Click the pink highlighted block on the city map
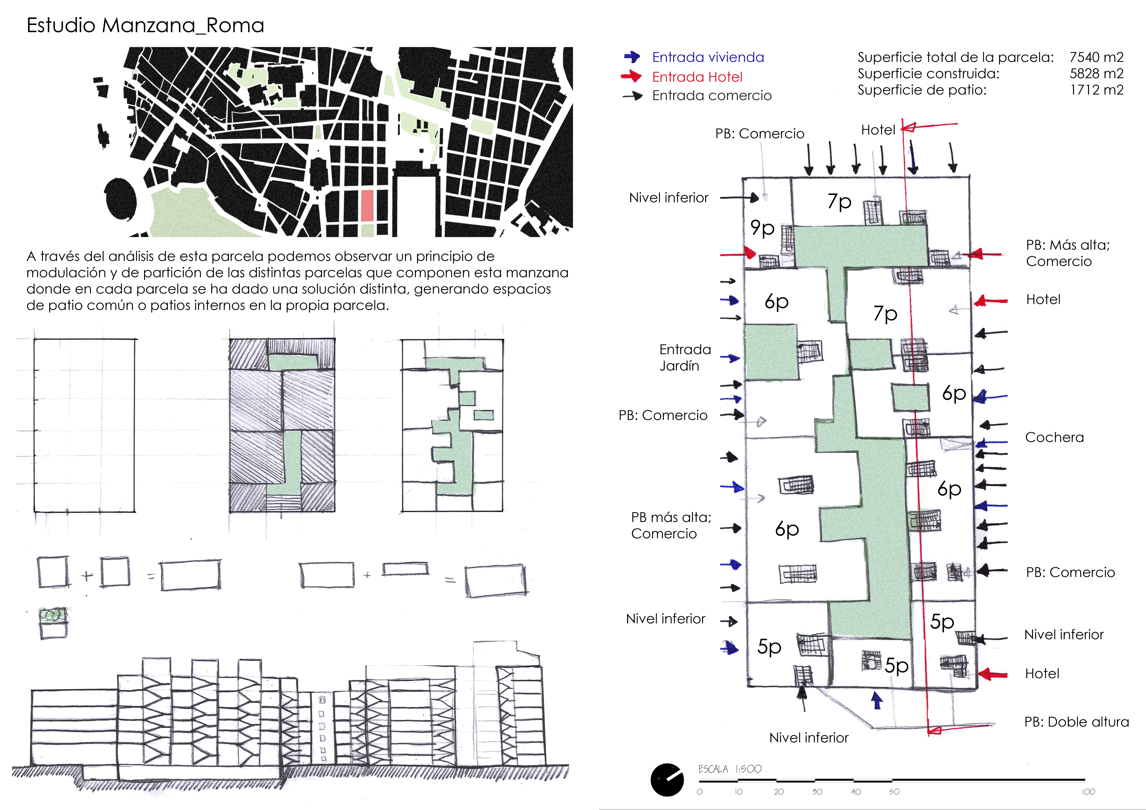click(x=367, y=205)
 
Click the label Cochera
click(x=1054, y=437)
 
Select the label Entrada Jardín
click(x=685, y=357)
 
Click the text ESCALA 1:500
click(x=730, y=769)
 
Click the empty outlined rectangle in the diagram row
click(x=84, y=425)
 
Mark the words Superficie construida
click(x=928, y=74)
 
